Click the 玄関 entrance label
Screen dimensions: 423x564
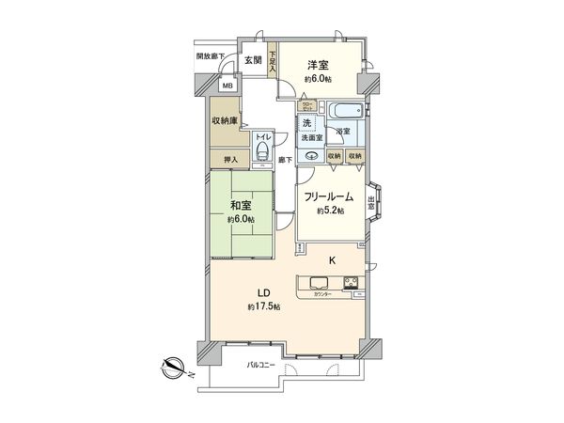click(x=253, y=60)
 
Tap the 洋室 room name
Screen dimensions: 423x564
click(x=318, y=65)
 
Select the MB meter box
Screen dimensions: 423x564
click(x=227, y=86)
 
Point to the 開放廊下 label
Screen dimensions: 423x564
click(x=210, y=55)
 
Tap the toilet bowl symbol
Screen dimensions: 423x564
click(x=262, y=155)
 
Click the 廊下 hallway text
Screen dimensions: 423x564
click(x=286, y=161)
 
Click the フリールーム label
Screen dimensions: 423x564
click(x=328, y=196)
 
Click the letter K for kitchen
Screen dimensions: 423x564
click(x=331, y=259)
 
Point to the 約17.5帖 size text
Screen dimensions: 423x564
click(x=263, y=308)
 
